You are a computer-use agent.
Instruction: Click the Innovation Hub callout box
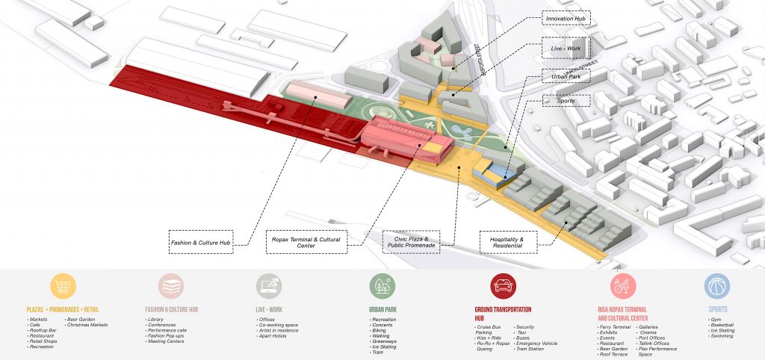coord(566,17)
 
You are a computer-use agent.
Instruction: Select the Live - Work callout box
coord(566,49)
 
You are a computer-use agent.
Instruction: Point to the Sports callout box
coord(566,99)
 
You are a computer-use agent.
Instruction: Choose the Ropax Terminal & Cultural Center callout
coord(304,242)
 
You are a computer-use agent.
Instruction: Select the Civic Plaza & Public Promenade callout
coord(410,240)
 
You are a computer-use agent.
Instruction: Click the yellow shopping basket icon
coord(63,286)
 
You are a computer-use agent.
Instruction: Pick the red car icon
coord(504,286)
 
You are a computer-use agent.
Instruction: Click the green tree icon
coord(382,286)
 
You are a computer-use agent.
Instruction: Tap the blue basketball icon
coord(717,286)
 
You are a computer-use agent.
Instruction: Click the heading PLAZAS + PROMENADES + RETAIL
coord(63,308)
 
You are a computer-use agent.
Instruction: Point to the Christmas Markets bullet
coord(88,325)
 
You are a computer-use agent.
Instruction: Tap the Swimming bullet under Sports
coord(721,336)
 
